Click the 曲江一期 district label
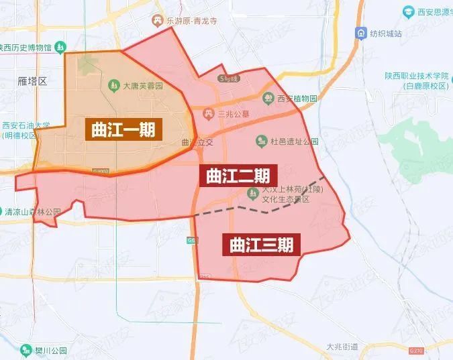coord(123,129)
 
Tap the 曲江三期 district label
coord(261,244)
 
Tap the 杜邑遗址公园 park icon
coord(261,141)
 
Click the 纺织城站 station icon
coord(362,33)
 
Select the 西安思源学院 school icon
coord(408,12)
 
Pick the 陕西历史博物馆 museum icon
coord(60,48)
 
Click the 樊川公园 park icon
coord(26,350)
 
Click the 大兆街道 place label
coord(342,347)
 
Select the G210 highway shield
coord(416,350)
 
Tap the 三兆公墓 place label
coord(234,114)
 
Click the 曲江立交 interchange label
coord(197,142)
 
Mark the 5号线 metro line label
coord(228,78)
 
